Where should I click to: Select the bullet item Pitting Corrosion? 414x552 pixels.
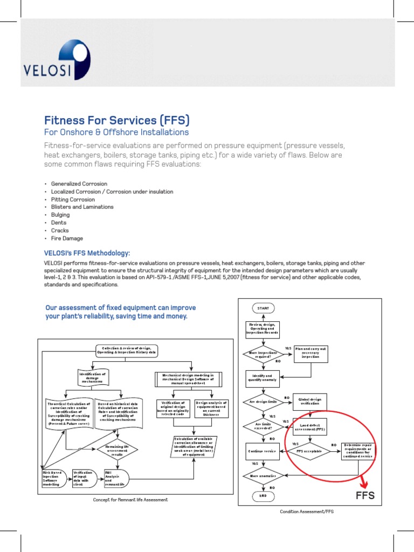73,199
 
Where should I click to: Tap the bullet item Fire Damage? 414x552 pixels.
67,238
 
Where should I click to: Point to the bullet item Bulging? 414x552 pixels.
60,215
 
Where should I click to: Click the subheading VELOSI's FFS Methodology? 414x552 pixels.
87,253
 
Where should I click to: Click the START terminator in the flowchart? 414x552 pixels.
263,308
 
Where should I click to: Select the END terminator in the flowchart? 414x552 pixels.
263,495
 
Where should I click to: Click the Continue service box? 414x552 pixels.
263,451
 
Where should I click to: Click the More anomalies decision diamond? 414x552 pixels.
263,475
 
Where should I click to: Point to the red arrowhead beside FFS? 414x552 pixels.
364,483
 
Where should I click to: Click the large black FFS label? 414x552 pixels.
364,496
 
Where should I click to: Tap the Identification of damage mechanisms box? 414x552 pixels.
93,377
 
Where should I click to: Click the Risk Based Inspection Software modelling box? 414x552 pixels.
53,479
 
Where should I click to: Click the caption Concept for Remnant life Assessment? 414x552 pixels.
130,500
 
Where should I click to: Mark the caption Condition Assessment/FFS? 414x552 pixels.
307,512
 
